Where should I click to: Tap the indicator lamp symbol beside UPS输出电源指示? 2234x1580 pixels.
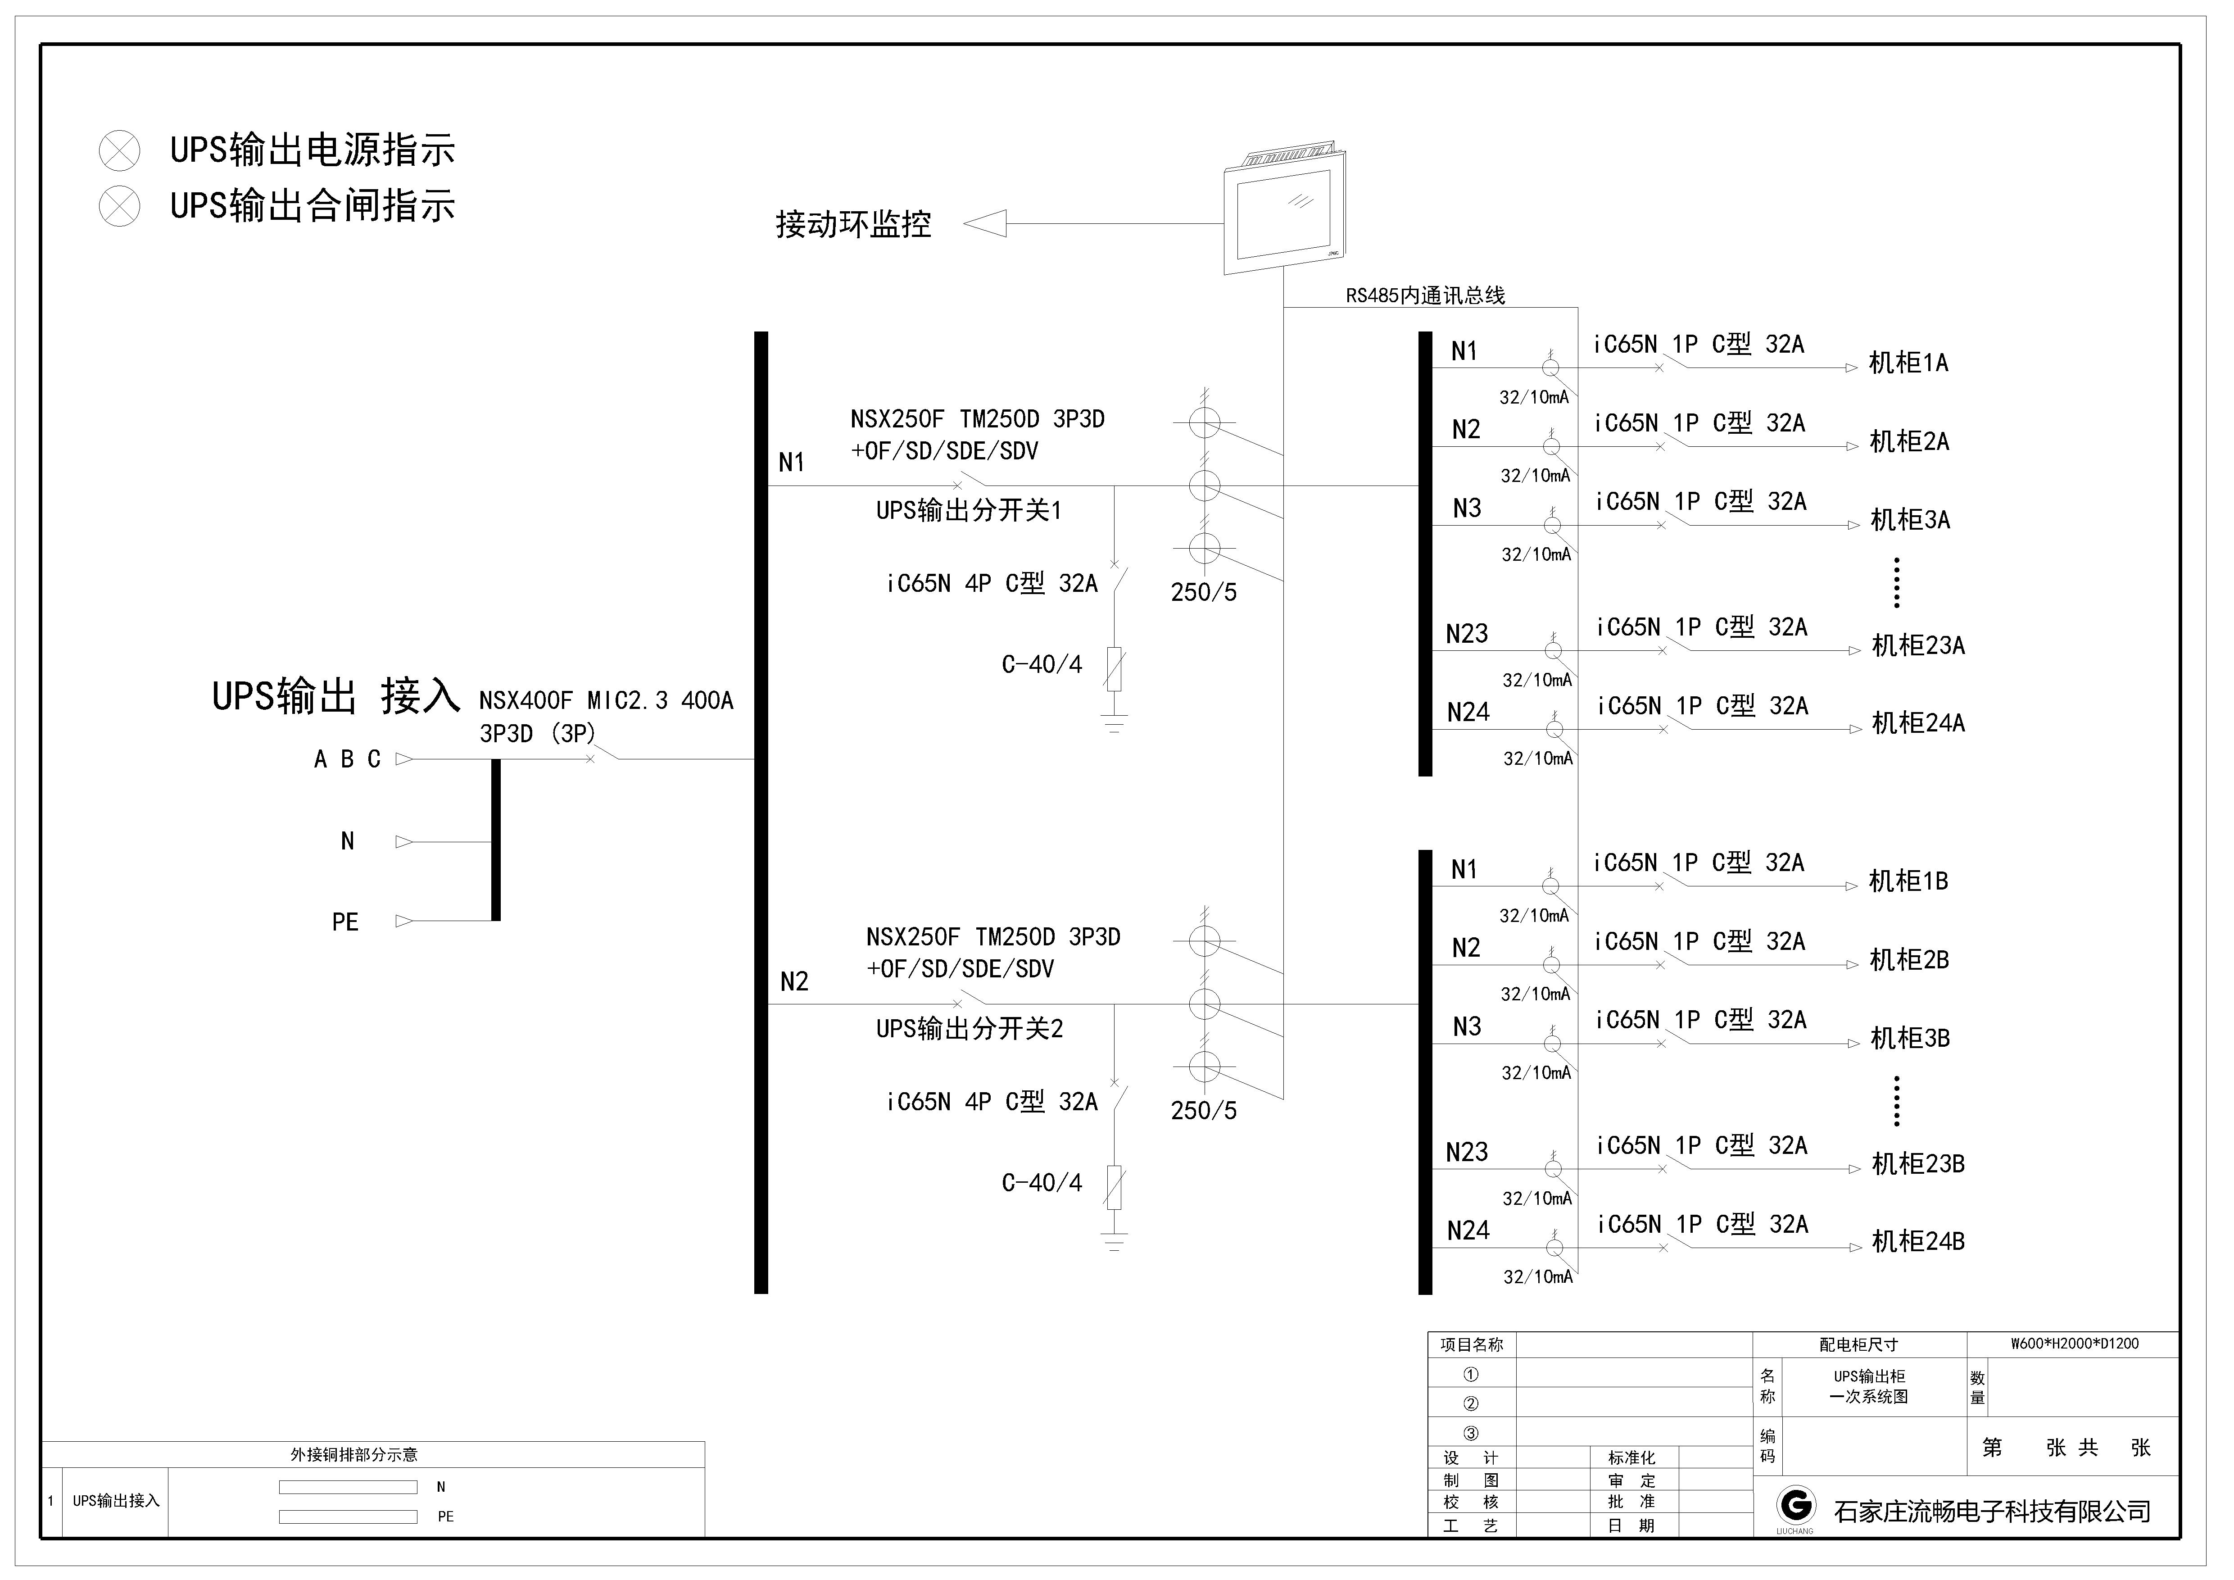pos(120,151)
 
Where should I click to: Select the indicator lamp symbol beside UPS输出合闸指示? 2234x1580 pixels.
pos(120,206)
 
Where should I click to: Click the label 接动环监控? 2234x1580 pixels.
pos(853,225)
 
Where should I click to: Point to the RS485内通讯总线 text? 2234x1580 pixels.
pos(1425,296)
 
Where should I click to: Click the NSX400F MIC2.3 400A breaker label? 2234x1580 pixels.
pos(605,700)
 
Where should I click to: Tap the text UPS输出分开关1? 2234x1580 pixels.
pos(969,511)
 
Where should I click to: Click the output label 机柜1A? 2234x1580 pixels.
pos(1909,363)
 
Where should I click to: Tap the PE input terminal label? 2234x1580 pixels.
pos(345,922)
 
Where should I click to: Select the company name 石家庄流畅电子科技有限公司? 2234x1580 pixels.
pos(1993,1511)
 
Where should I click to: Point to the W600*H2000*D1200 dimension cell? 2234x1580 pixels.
pos(2075,1344)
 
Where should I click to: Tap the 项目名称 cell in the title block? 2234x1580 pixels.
pos(1471,1344)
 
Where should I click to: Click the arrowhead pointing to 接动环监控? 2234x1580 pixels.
pos(985,225)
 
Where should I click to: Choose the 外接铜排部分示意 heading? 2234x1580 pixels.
pos(354,1454)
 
